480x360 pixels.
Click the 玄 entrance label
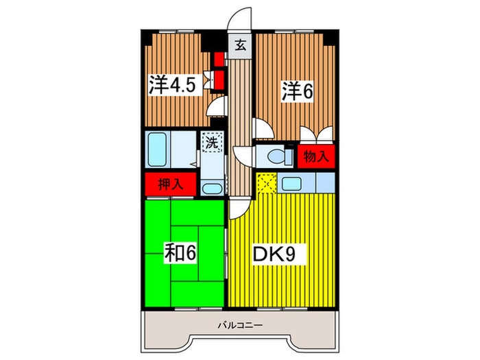241,46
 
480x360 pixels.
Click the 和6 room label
180,252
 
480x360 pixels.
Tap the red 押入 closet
171,184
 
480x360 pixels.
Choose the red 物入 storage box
316,156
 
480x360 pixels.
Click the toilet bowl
276,156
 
